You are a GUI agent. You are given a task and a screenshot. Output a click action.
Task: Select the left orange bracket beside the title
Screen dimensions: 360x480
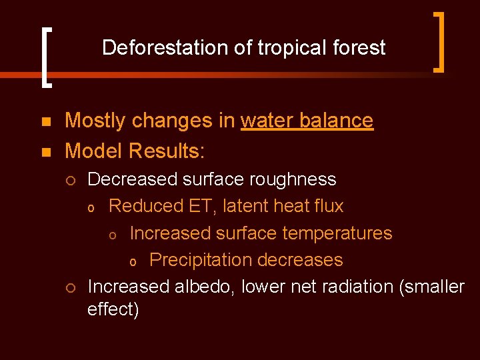(45, 57)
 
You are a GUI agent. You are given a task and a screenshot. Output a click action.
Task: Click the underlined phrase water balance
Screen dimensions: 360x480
(307, 121)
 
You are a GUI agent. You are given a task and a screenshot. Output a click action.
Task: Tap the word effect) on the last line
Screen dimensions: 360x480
(113, 311)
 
